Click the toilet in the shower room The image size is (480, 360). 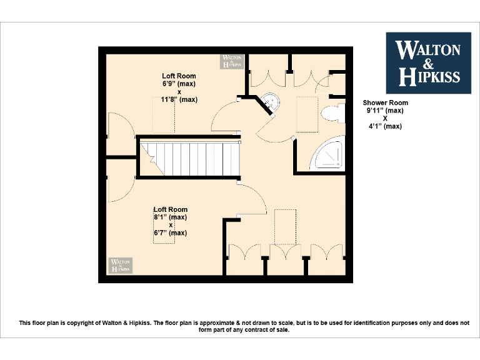click(x=332, y=114)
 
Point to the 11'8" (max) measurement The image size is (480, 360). click(x=179, y=99)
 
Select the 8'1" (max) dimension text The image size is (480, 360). click(x=171, y=217)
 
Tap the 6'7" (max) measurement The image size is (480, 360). click(x=171, y=233)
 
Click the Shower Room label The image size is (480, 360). click(x=386, y=103)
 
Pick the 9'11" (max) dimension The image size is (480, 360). click(x=386, y=111)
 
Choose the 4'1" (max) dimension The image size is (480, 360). click(x=386, y=126)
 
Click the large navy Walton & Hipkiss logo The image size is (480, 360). click(x=428, y=62)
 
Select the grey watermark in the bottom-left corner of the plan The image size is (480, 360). click(x=121, y=265)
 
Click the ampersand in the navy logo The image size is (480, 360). click(x=428, y=63)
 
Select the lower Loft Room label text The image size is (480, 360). click(x=171, y=210)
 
